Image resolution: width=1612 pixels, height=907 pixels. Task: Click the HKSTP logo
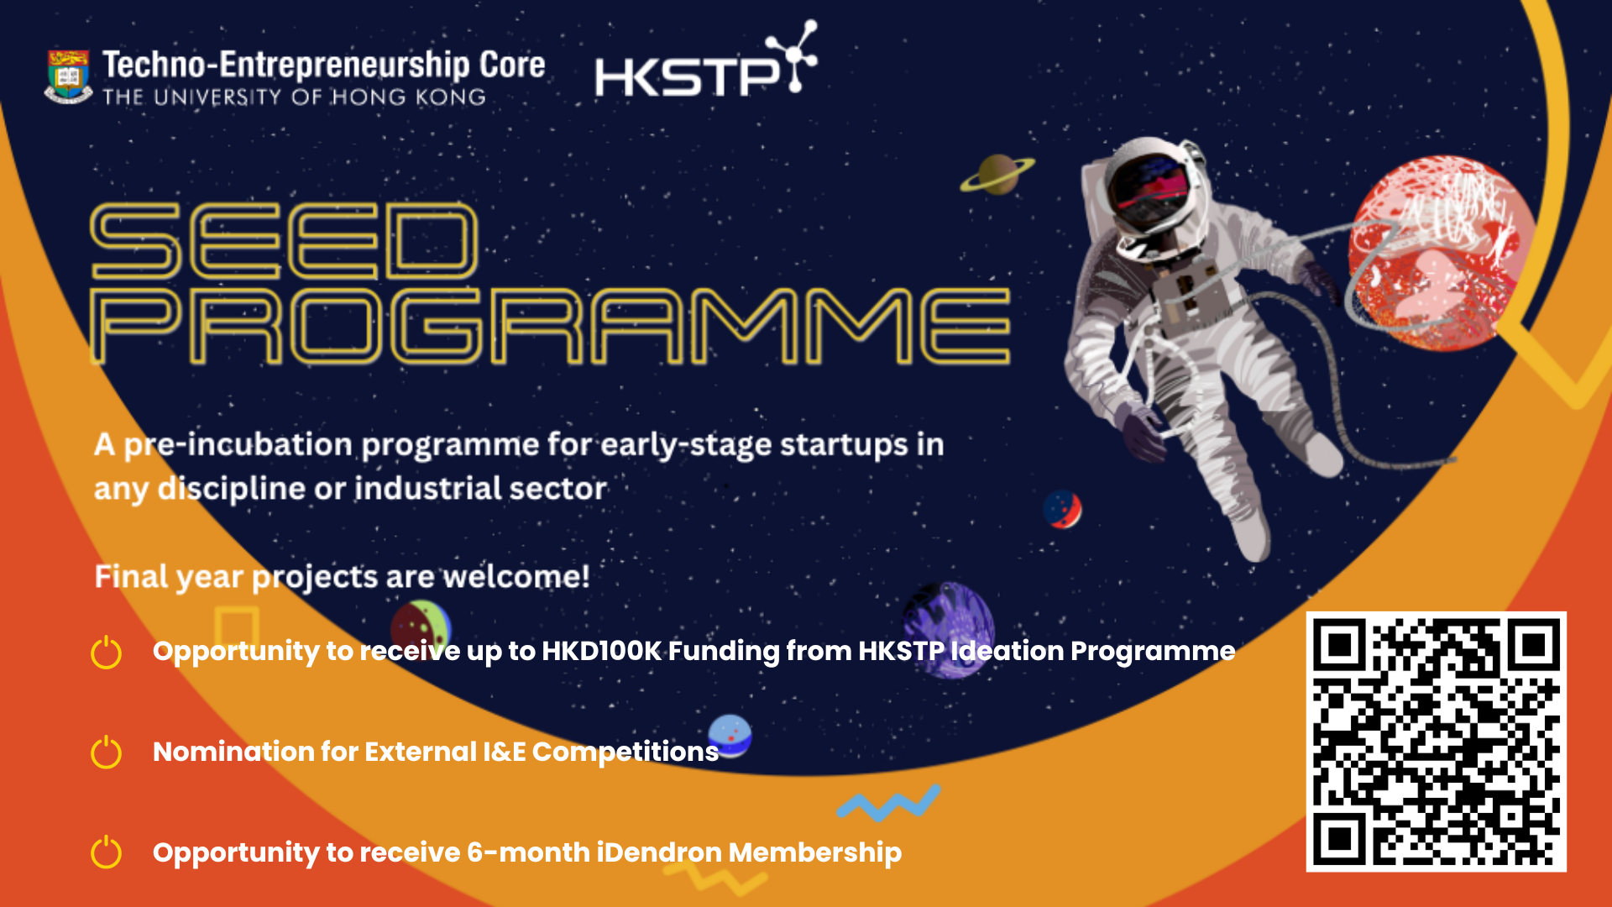705,60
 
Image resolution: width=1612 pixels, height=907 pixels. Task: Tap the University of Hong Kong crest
68,76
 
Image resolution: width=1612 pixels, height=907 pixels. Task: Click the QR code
1436,742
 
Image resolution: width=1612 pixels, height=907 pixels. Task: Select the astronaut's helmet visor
1149,191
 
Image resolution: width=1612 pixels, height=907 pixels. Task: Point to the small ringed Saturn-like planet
997,174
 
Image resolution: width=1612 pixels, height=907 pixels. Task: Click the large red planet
1441,252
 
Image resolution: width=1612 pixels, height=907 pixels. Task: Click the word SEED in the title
285,241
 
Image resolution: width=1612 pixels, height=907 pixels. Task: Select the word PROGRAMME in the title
550,326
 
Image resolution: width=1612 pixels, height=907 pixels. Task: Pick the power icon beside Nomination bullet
107,752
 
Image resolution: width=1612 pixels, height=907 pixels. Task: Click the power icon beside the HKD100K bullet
107,653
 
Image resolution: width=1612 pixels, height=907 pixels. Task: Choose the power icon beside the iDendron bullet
107,852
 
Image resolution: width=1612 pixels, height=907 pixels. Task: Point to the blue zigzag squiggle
888,803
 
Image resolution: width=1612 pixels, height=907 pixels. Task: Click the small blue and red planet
1062,509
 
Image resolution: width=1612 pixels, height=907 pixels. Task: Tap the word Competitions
625,752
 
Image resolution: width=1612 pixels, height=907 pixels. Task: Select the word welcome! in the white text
516,577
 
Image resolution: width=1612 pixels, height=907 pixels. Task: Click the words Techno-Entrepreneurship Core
324,65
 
